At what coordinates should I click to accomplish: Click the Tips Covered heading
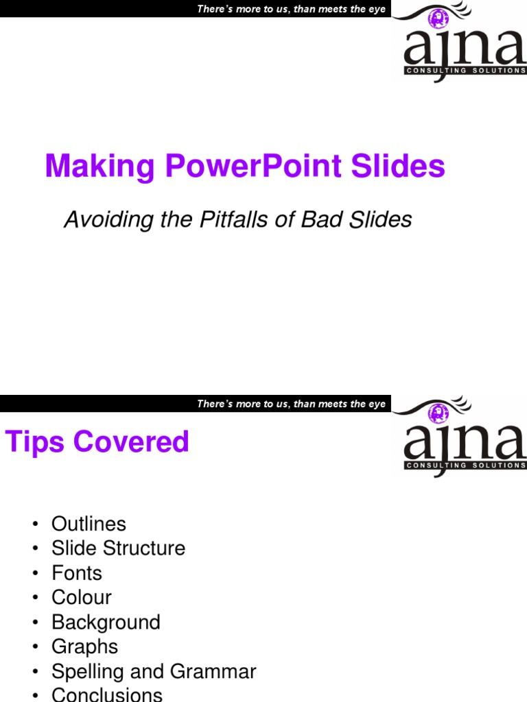tap(97, 441)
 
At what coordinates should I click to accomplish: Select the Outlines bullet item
tap(89, 524)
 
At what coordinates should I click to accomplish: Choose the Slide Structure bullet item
tap(118, 548)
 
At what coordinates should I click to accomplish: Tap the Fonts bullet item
tap(76, 573)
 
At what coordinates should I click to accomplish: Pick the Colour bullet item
tap(81, 598)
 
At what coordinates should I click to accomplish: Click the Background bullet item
tap(106, 622)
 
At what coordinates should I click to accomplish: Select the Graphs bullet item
tap(84, 646)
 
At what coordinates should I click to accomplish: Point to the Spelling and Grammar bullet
tap(153, 671)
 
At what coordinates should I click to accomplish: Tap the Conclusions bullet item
tap(107, 694)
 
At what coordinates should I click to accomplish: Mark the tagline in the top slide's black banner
tap(291, 9)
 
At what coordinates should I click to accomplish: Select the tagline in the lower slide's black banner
tap(291, 404)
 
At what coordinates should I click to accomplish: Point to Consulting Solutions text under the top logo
tap(466, 70)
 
